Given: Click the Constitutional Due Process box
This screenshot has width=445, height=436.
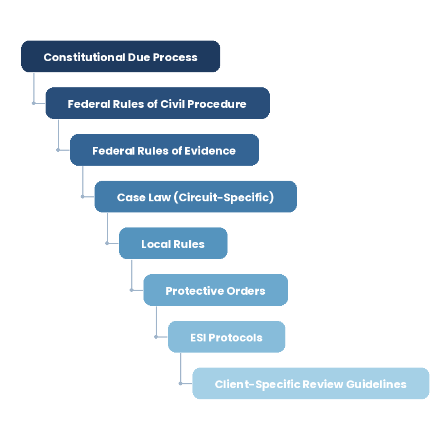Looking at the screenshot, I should (121, 57).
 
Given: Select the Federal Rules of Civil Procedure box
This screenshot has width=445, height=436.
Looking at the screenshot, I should (157, 103).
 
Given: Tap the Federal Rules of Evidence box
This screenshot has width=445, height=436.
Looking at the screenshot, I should (165, 150).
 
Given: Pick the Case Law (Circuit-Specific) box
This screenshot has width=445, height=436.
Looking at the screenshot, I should (195, 197).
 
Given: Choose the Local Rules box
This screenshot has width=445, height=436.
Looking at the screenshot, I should (173, 244).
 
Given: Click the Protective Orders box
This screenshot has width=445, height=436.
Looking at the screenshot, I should (215, 290).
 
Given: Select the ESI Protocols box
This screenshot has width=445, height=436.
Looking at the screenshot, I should (226, 337).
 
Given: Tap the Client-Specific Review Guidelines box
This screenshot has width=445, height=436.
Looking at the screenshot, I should (310, 384).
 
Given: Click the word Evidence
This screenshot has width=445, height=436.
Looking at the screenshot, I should (211, 151).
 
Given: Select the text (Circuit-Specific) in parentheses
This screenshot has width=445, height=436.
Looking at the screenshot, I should (224, 197).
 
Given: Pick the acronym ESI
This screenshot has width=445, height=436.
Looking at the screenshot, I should (198, 338).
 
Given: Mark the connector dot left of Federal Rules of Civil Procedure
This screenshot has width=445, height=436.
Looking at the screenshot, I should (34, 103).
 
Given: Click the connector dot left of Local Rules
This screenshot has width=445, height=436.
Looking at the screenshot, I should (107, 243).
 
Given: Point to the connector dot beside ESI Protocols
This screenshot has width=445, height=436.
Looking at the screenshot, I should (156, 336).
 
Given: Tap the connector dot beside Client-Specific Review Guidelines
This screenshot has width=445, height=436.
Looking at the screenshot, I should (181, 383).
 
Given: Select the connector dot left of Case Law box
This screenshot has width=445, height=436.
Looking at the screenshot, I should (83, 196).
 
